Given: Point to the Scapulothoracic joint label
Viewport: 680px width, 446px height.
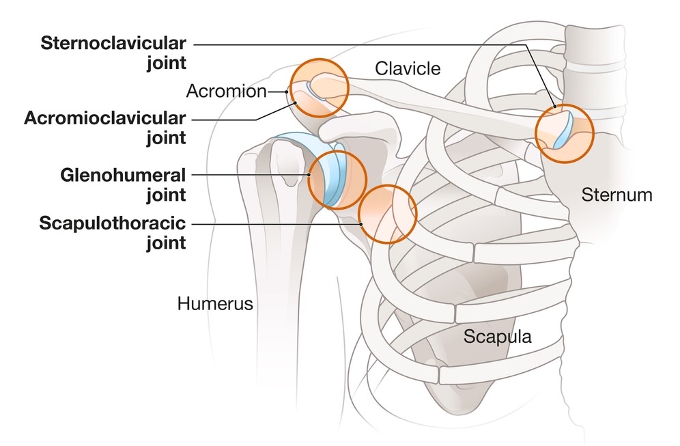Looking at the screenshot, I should (113, 233).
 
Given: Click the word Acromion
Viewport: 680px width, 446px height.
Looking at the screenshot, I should (226, 92).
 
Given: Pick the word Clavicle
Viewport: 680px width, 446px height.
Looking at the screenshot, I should (408, 68).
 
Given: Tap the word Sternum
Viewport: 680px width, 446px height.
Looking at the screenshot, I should (617, 195).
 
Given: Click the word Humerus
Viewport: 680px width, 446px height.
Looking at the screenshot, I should (215, 303).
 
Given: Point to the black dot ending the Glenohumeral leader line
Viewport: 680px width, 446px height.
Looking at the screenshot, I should (311, 175).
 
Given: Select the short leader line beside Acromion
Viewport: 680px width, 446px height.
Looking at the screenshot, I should (277, 92).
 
